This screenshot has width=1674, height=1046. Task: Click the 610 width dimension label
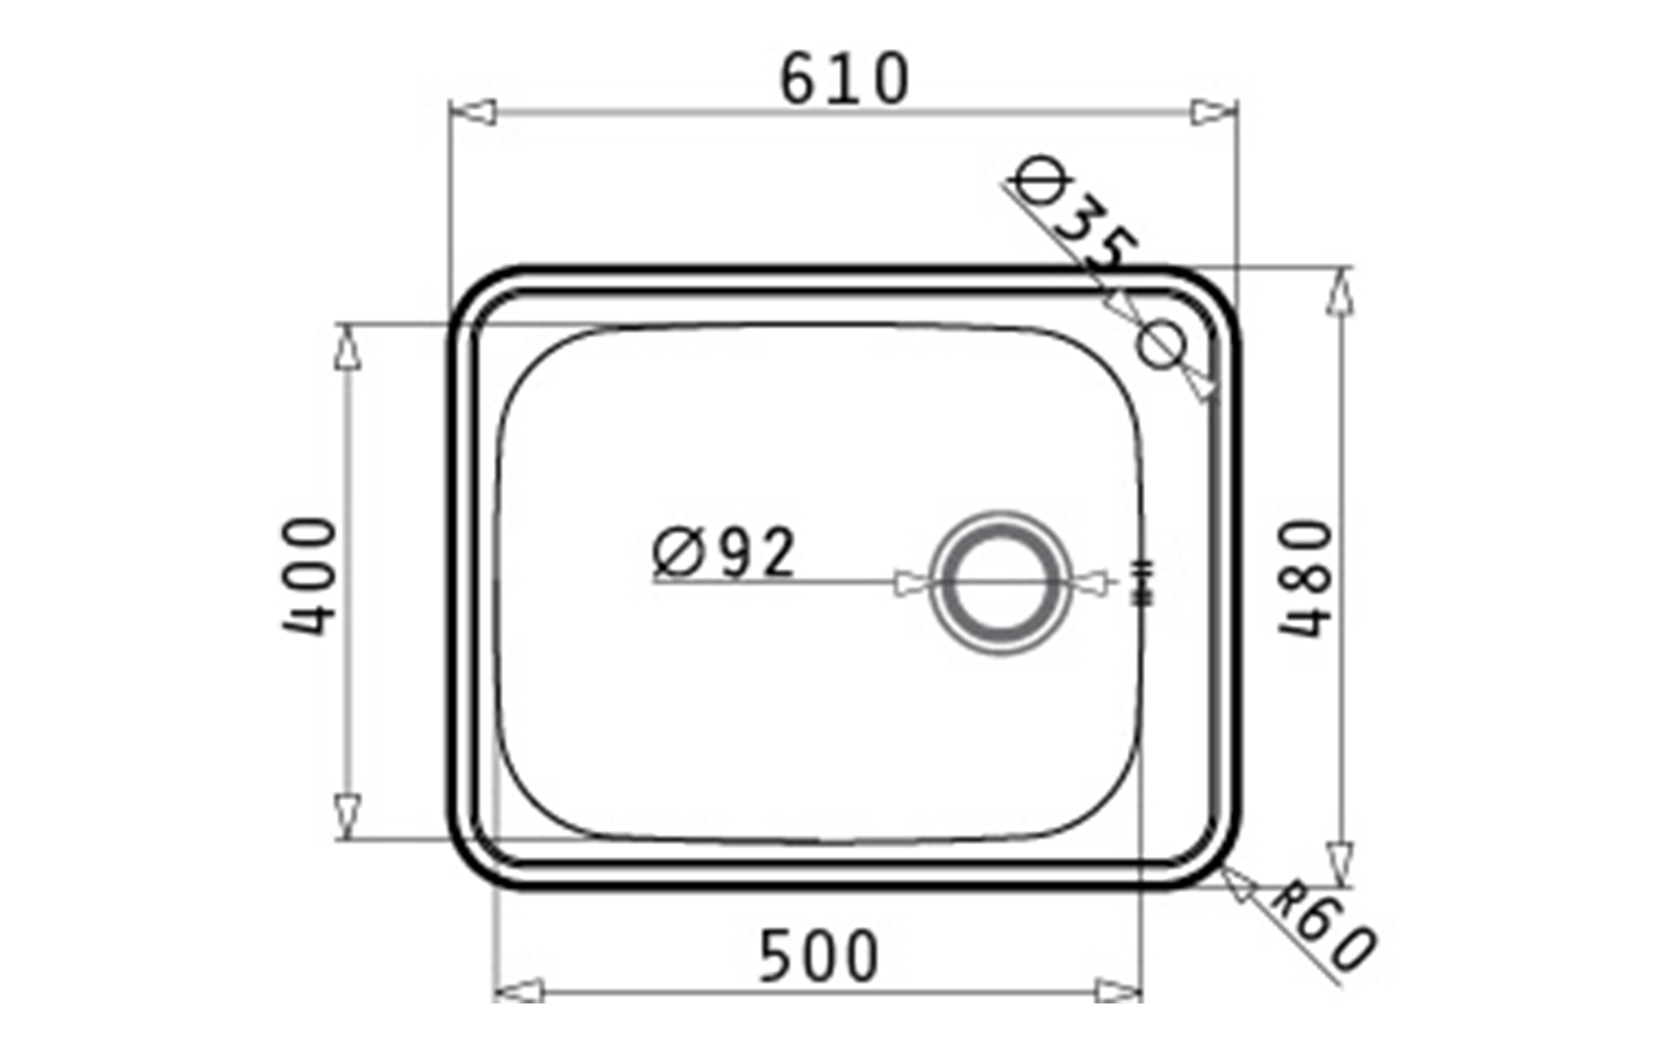845,79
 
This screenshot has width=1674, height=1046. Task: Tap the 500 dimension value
819,956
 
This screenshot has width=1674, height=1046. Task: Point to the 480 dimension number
1306,578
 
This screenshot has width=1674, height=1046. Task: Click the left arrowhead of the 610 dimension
472,112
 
